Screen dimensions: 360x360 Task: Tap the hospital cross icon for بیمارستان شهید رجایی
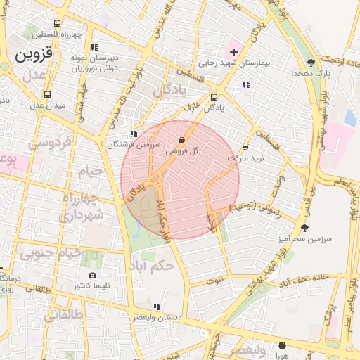(x=233, y=52)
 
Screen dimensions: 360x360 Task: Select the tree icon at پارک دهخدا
(x=311, y=63)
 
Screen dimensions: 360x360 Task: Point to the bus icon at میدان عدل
(x=47, y=94)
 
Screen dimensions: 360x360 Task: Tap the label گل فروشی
(x=182, y=150)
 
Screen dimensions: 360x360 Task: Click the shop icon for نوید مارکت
(x=245, y=148)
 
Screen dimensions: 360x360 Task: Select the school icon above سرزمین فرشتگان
(x=133, y=133)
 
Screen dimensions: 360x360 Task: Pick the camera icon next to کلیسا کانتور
(x=92, y=275)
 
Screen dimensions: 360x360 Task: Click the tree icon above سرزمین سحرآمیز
(x=304, y=228)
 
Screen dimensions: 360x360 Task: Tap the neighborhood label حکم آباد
(x=151, y=266)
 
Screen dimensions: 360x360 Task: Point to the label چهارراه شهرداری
(x=83, y=206)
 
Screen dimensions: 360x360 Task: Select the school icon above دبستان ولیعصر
(x=157, y=307)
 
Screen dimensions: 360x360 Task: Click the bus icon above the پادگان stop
(x=214, y=98)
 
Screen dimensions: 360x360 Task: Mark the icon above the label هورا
(x=282, y=345)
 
